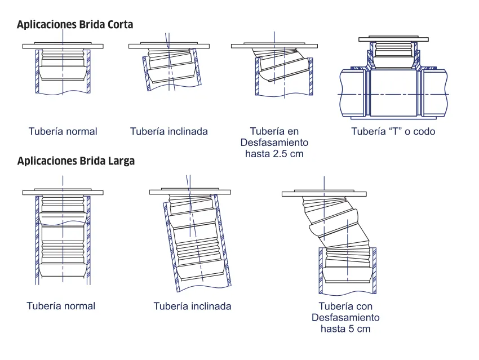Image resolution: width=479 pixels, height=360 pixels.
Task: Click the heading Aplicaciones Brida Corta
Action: pos(75,25)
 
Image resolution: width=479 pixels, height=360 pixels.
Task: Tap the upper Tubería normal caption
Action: pos(63,131)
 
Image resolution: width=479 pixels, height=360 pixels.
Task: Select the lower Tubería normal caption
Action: pos(61,306)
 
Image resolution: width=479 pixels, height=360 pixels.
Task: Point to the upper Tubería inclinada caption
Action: pos(169,131)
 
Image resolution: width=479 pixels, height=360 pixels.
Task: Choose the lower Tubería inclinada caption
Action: pos(192,306)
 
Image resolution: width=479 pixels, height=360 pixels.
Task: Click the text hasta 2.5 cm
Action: pos(274,153)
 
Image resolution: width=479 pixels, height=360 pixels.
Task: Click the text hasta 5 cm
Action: pos(345,328)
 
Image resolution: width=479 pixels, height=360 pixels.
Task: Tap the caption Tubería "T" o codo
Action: pos(393,131)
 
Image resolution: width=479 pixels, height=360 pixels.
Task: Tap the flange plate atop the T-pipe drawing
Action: pos(393,39)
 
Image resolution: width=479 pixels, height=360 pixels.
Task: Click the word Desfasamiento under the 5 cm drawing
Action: pos(345,318)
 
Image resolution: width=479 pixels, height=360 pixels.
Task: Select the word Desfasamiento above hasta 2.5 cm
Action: pos(274,142)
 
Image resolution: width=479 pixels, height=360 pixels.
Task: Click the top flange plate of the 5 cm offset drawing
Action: pos(325,194)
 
